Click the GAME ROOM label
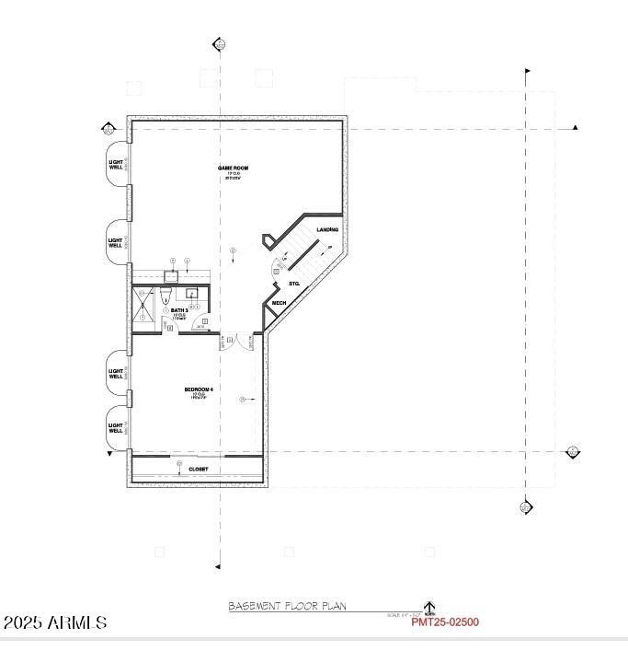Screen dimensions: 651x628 coord(233,169)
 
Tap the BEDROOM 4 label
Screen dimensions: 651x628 coord(199,390)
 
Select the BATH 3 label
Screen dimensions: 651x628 coord(179,311)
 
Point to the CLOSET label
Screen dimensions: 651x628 coord(199,470)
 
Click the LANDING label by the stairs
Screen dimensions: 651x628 coord(327,229)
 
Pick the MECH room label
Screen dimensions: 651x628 coord(279,303)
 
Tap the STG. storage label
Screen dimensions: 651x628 coord(295,284)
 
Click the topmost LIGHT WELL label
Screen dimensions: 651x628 coord(116,165)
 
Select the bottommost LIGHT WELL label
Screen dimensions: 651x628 coord(116,428)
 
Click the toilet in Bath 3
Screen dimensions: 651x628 coord(166,295)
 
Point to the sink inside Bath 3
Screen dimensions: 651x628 coord(193,295)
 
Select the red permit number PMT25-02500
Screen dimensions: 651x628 coord(445,622)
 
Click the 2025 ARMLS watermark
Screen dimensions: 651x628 coord(55,623)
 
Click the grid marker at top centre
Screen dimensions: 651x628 coord(219,43)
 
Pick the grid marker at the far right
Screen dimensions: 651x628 coord(573,451)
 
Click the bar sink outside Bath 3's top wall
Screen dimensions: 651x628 coord(172,275)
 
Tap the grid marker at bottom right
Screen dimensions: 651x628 coord(526,506)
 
